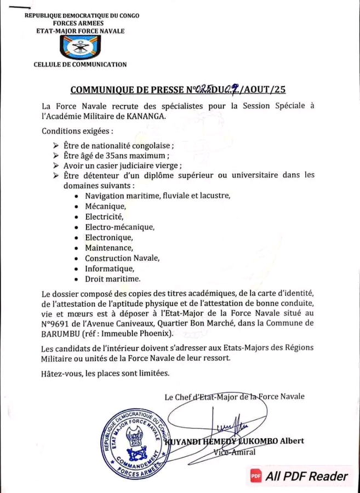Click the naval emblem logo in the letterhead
[80, 48]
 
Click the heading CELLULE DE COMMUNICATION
[80, 65]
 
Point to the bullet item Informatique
[110, 268]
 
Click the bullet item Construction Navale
[122, 258]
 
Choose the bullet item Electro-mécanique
[119, 227]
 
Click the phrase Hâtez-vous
[65, 374]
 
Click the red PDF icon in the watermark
[255, 477]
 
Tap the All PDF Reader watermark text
[307, 477]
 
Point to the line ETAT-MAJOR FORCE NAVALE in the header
[80, 31]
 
